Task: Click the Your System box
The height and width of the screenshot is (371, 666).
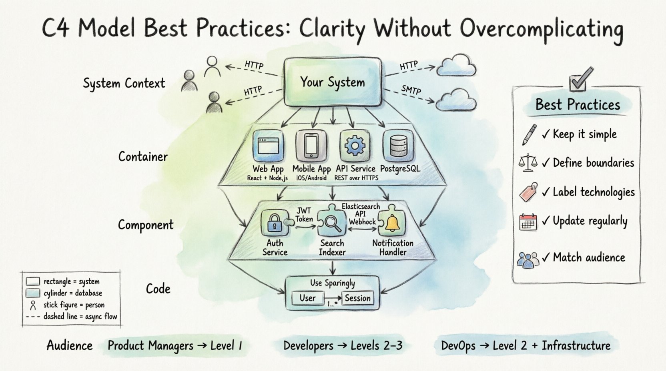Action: coord(332,82)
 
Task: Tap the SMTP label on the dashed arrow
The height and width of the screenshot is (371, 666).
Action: coord(411,90)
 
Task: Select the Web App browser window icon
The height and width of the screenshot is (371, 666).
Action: coord(268,146)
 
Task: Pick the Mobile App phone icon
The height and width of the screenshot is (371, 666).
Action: coord(311,146)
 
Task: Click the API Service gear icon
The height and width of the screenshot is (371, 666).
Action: coord(355,146)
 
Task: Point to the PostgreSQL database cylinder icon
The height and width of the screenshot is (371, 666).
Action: coord(399,146)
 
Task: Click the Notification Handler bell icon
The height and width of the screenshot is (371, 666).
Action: coord(392,222)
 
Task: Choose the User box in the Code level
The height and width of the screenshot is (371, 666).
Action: coord(307,298)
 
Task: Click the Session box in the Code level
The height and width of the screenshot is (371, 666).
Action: coord(357,298)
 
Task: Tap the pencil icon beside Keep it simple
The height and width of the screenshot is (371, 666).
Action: coord(529,134)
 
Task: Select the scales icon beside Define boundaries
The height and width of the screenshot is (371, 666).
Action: coord(528,163)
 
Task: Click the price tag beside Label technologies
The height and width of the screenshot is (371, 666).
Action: coord(528,192)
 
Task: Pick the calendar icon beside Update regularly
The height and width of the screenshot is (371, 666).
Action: coord(528,222)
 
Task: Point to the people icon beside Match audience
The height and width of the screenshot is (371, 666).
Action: coord(528,259)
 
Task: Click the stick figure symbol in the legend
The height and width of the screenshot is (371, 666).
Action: coord(33,305)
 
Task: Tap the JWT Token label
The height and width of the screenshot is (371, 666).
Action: coord(304,215)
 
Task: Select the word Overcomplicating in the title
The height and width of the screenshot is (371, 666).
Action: coord(541,29)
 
